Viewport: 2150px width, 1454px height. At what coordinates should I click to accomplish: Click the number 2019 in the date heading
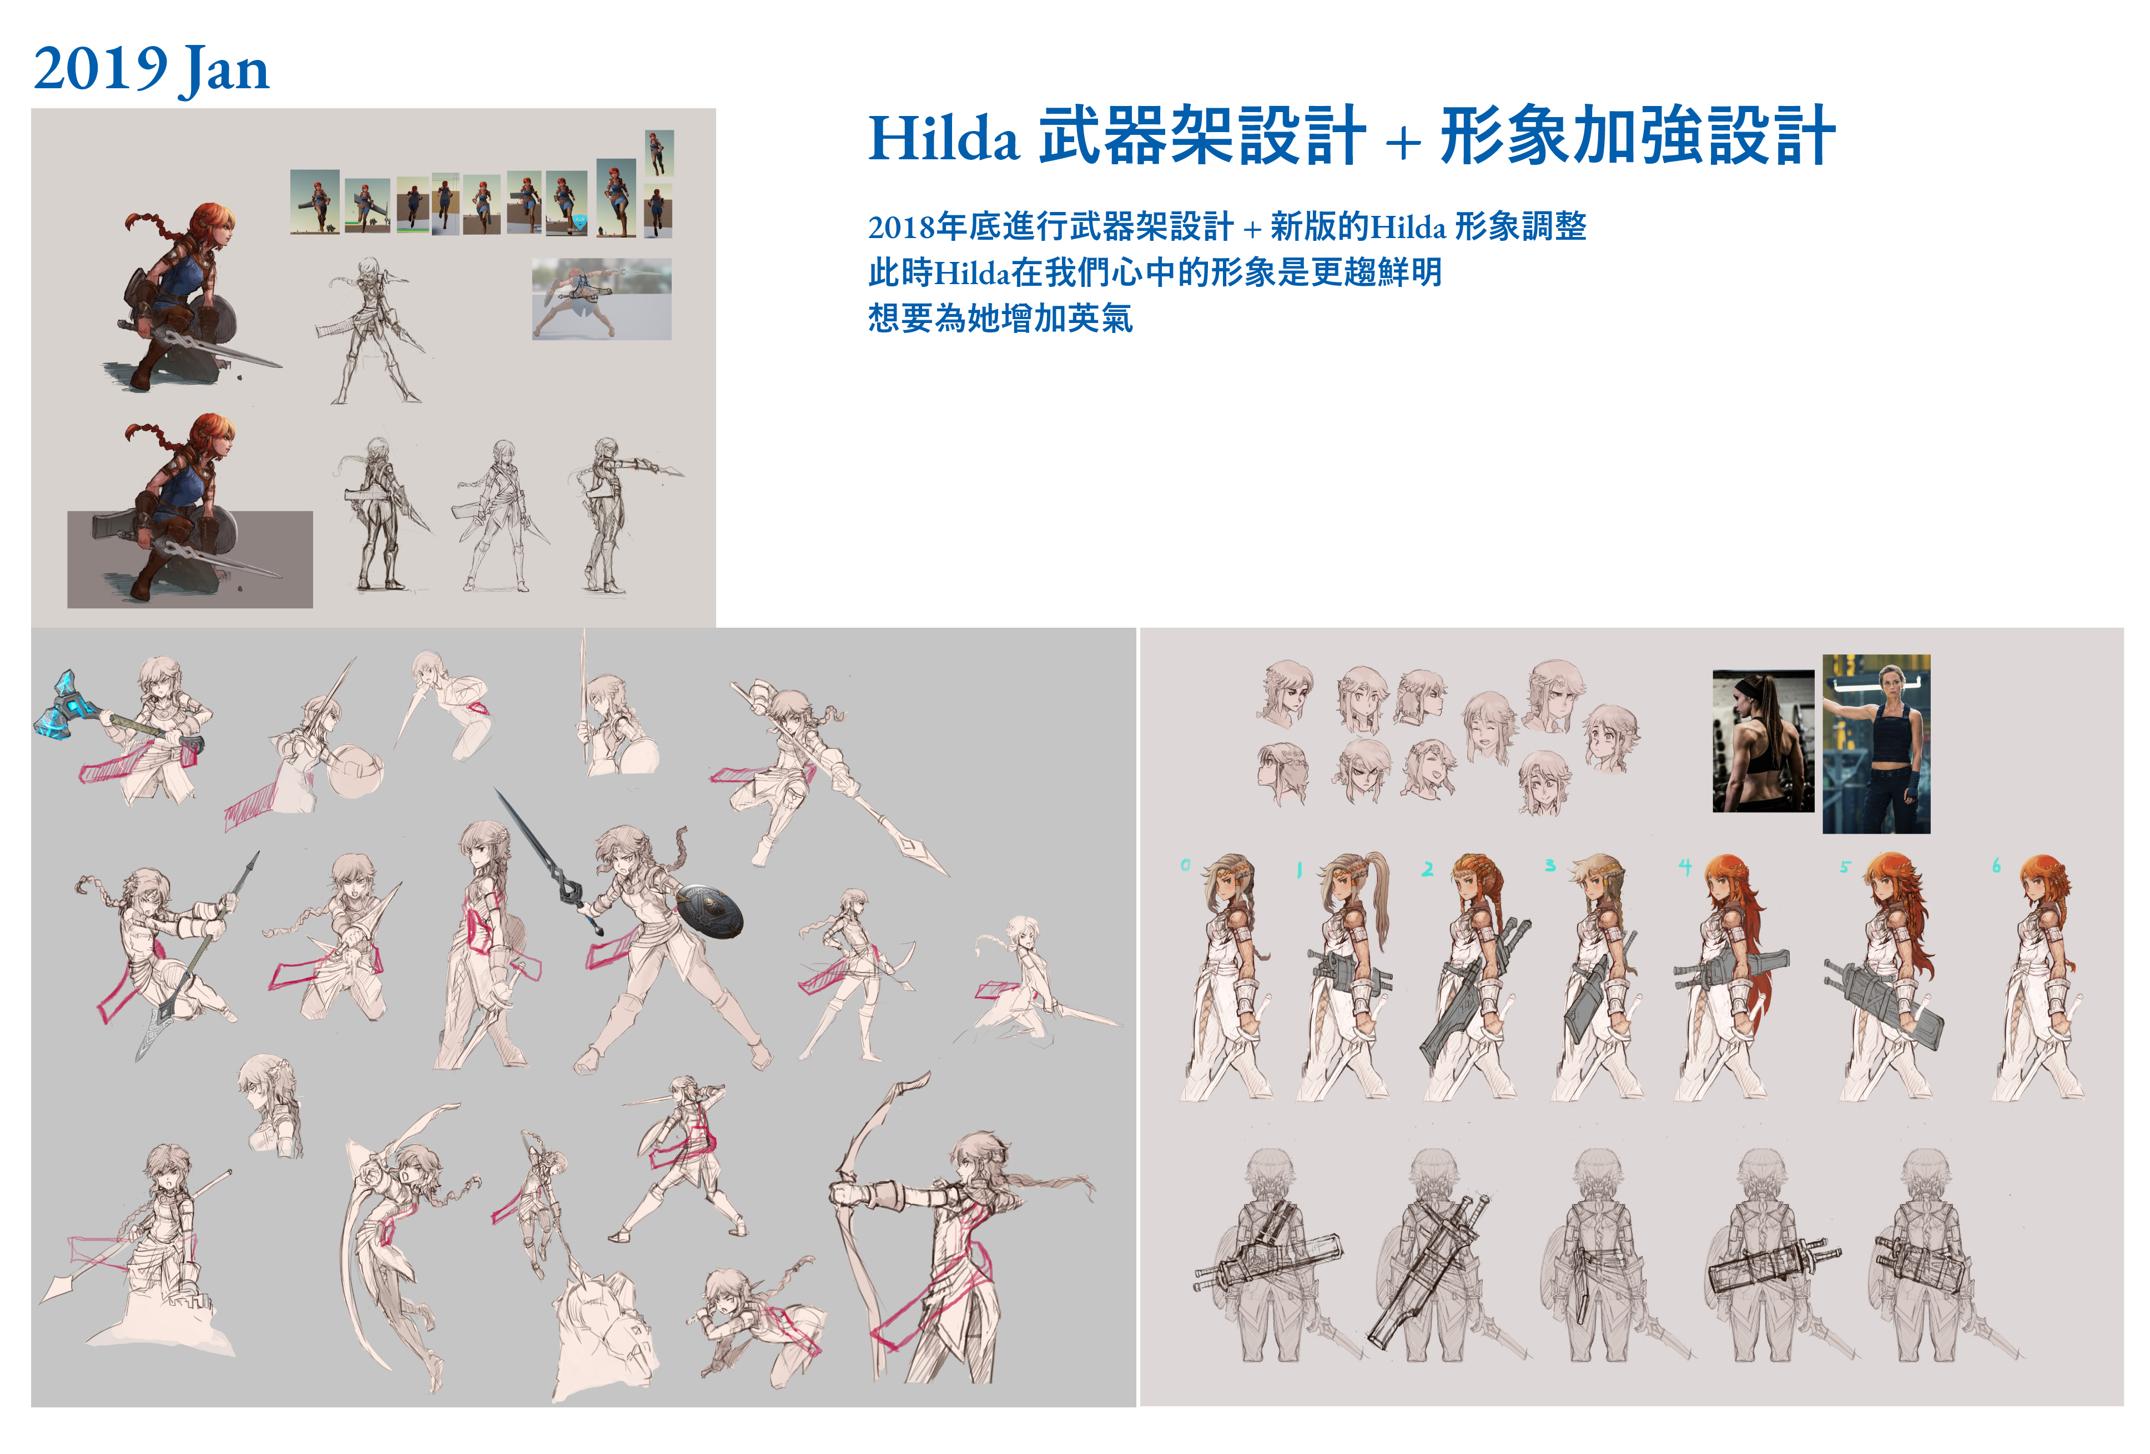(x=100, y=69)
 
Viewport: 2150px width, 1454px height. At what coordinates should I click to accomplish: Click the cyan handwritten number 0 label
(x=1185, y=865)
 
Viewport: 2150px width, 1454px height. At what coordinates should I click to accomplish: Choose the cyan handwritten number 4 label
(x=1685, y=867)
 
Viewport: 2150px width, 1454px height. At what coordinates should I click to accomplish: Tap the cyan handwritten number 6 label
(x=1996, y=866)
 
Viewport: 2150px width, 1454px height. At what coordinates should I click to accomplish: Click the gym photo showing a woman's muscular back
(x=1763, y=741)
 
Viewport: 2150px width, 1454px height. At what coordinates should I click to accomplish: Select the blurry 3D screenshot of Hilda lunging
(x=601, y=299)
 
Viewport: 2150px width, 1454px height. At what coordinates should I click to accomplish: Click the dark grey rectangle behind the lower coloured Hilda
(x=190, y=559)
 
